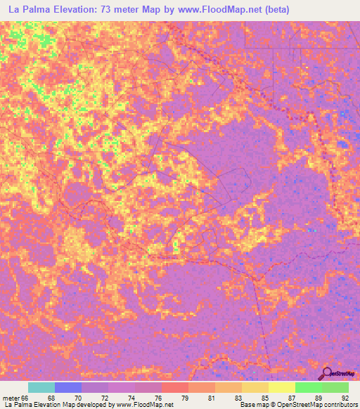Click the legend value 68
point(51,398)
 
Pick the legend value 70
point(77,398)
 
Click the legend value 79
point(184,398)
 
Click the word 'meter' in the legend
point(10,398)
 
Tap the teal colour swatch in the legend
point(41,387)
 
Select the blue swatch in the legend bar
point(68,387)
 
